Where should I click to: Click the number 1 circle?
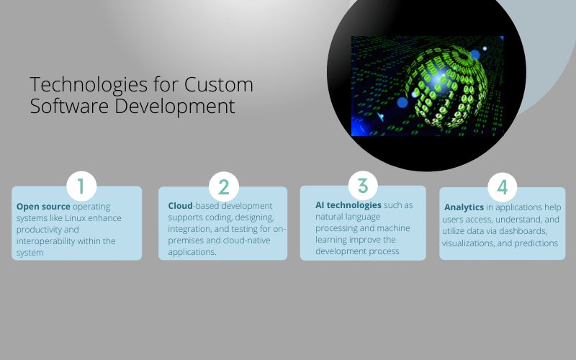81,186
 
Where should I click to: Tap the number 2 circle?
223,187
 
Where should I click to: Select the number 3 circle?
363,186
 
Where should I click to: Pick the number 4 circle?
503,187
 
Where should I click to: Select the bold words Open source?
43,206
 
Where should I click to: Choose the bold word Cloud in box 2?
180,206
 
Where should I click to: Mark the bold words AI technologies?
348,205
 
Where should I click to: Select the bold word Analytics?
464,207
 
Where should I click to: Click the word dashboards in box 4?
526,231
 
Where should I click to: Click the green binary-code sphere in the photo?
446,86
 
